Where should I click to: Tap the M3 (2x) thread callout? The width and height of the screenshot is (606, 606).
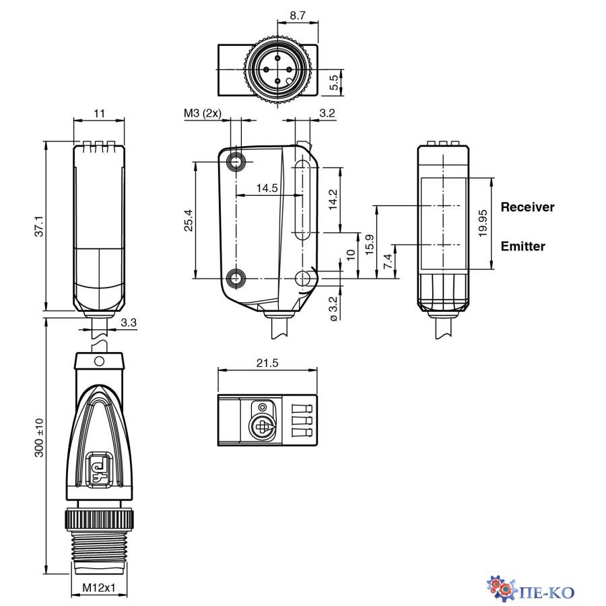pyautogui.click(x=203, y=114)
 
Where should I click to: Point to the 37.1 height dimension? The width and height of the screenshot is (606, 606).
pyautogui.click(x=39, y=226)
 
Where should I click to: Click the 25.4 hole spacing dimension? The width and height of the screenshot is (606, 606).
pyautogui.click(x=189, y=220)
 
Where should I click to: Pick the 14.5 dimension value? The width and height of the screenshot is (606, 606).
pyautogui.click(x=267, y=189)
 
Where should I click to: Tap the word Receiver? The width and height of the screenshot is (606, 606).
pyautogui.click(x=527, y=207)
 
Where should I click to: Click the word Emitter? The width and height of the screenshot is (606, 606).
pyautogui.click(x=523, y=246)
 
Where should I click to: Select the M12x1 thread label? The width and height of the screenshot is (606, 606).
pyautogui.click(x=99, y=587)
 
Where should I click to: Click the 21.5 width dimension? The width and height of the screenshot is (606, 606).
pyautogui.click(x=267, y=363)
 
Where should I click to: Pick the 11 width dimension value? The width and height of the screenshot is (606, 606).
pyautogui.click(x=99, y=114)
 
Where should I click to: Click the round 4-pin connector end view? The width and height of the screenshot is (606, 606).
pyautogui.click(x=276, y=69)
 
